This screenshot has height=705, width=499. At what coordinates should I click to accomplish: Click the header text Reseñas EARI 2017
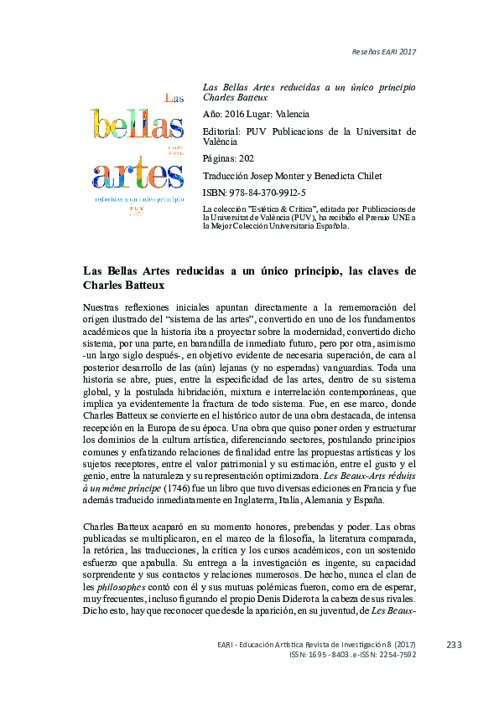(383, 52)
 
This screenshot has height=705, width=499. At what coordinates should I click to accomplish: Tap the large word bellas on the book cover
(138, 126)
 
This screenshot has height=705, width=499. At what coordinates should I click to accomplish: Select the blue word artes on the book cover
(138, 176)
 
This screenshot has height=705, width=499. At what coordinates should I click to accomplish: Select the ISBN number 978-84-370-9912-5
(269, 193)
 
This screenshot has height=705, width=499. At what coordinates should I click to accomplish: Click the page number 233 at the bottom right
(455, 645)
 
